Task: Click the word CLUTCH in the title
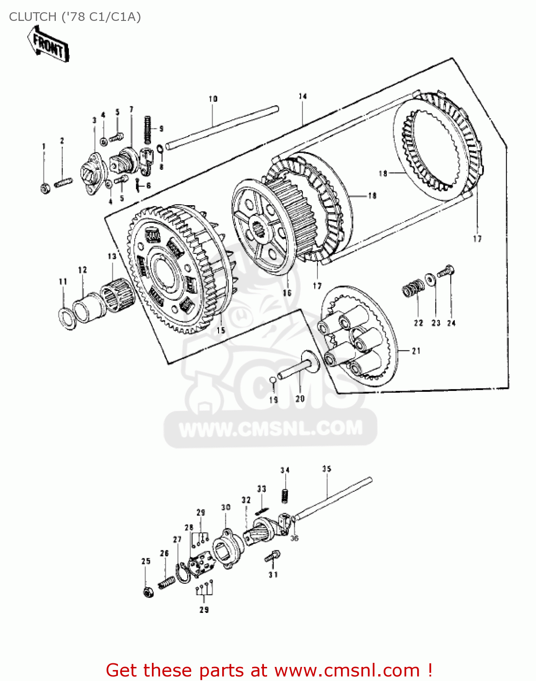pyautogui.click(x=32, y=17)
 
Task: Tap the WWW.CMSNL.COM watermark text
pyautogui.click(x=271, y=429)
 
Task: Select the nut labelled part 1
pyautogui.click(x=45, y=188)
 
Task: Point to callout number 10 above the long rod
pyautogui.click(x=213, y=99)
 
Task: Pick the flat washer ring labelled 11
pyautogui.click(x=67, y=316)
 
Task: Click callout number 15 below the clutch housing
pyautogui.click(x=221, y=330)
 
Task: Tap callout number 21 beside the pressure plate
pyautogui.click(x=416, y=350)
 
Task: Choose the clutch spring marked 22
pyautogui.click(x=413, y=288)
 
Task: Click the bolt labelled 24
pyautogui.click(x=446, y=272)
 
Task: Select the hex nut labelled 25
pyautogui.click(x=147, y=592)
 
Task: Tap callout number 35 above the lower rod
pyautogui.click(x=326, y=469)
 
